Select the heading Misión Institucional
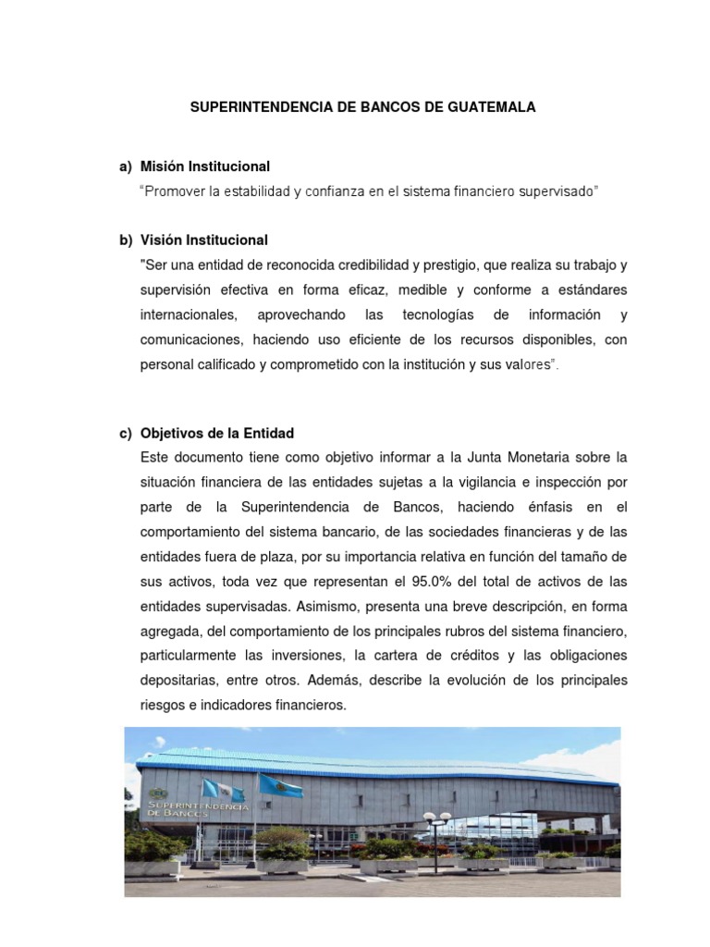tap(204, 166)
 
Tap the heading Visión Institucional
tap(203, 240)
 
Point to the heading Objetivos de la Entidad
tap(216, 433)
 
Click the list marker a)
tap(126, 166)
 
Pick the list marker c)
tap(126, 433)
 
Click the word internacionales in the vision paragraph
tap(193, 314)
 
